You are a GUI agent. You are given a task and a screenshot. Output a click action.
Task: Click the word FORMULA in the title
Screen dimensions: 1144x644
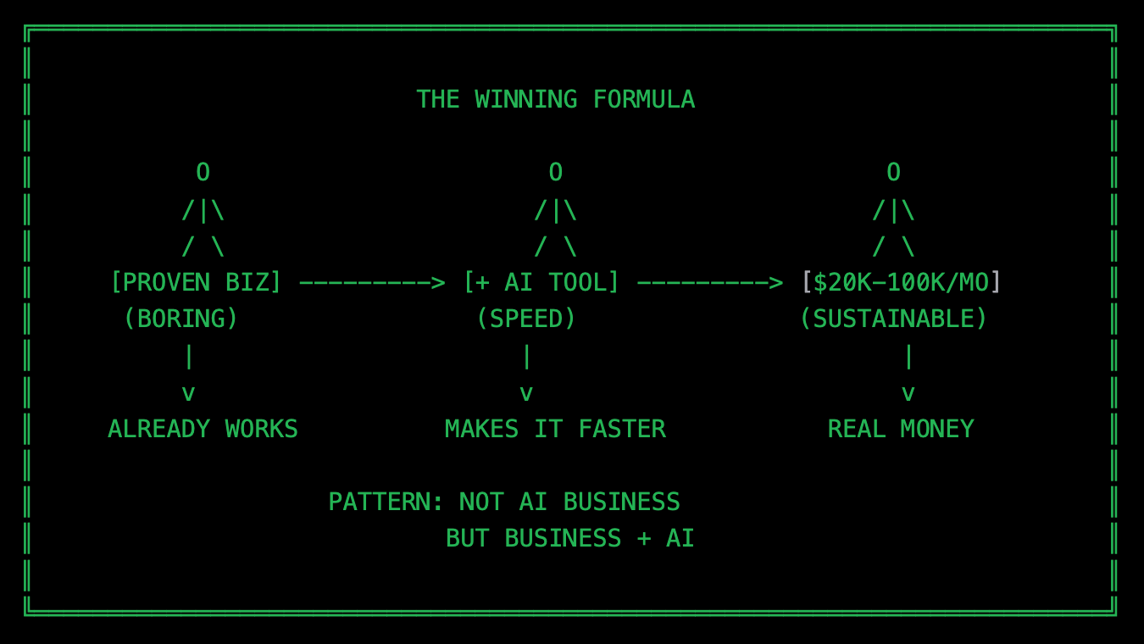pyautogui.click(x=643, y=100)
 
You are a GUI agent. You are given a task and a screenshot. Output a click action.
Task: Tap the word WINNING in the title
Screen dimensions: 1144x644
pyautogui.click(x=525, y=100)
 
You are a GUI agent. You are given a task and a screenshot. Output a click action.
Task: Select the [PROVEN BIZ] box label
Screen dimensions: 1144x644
pyautogui.click(x=196, y=282)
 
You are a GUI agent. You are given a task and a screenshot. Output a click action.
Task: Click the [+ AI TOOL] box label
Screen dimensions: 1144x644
pyautogui.click(x=541, y=282)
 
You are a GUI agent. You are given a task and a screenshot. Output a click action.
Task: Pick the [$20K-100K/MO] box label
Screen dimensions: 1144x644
pyautogui.click(x=901, y=282)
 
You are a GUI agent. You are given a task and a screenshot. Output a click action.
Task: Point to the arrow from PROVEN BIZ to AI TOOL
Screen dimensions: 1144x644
pyautogui.click(x=372, y=282)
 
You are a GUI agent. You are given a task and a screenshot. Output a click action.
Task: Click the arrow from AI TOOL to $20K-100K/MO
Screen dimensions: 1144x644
pyautogui.click(x=709, y=282)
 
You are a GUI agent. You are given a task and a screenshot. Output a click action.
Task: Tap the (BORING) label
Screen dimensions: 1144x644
pyautogui.click(x=181, y=319)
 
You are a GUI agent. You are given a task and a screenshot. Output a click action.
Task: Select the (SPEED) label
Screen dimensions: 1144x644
pyautogui.click(x=526, y=319)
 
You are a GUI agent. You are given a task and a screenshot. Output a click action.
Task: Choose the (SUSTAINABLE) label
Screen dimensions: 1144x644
pyautogui.click(x=893, y=319)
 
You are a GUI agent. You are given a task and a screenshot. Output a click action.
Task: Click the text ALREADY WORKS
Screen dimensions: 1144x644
pyautogui.click(x=203, y=430)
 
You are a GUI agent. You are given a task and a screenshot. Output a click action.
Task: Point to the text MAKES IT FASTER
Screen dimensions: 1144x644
pyautogui.click(x=555, y=430)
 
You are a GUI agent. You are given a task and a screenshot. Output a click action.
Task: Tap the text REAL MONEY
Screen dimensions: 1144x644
pyautogui.click(x=901, y=430)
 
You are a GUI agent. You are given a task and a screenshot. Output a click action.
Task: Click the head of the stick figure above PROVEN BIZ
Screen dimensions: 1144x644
pyautogui.click(x=203, y=173)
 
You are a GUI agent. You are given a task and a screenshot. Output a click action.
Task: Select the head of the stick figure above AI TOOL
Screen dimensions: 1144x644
pyautogui.click(x=555, y=173)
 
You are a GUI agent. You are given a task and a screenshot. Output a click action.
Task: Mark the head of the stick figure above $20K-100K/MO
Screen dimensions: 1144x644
pyautogui.click(x=893, y=173)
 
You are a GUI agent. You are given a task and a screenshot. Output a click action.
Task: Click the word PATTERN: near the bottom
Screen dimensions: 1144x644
pyautogui.click(x=386, y=502)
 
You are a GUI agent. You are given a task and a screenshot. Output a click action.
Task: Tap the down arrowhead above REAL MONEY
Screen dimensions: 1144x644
pyautogui.click(x=908, y=393)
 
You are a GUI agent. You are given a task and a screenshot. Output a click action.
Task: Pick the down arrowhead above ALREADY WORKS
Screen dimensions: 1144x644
pyautogui.click(x=188, y=393)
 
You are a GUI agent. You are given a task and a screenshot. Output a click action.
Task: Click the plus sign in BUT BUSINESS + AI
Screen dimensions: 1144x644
pyautogui.click(x=643, y=540)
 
